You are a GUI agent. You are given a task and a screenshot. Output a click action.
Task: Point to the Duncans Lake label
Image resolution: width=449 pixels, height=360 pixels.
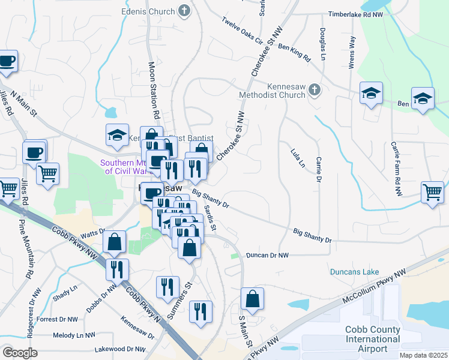click(x=354, y=272)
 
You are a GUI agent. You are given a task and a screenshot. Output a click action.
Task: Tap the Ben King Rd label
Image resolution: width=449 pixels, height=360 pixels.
click(x=294, y=52)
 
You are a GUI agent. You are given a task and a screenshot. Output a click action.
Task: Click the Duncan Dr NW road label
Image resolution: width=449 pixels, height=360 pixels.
click(x=267, y=255)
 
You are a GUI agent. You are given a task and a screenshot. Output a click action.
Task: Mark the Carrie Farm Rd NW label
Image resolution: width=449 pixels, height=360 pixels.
click(x=396, y=169)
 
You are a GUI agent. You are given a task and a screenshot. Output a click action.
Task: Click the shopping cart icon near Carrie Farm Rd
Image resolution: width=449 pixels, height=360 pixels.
click(x=432, y=193)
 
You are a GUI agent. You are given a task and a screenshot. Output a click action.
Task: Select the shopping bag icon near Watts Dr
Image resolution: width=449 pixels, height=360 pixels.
click(x=114, y=242)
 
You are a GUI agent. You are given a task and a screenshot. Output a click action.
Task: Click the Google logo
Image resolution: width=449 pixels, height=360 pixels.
click(x=20, y=352)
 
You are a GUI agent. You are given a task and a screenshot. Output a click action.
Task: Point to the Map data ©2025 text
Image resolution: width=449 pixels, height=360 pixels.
click(x=423, y=355)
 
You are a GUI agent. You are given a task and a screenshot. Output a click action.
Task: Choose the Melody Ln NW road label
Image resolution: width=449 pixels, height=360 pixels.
click(x=74, y=335)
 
